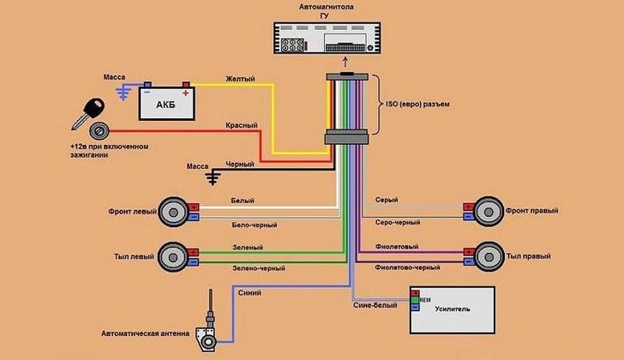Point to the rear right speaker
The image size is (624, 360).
[x=488, y=255]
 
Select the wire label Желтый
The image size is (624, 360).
[x=240, y=79]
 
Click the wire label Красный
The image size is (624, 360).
[x=242, y=125]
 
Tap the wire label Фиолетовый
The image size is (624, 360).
[x=397, y=246]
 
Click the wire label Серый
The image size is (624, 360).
[x=387, y=200]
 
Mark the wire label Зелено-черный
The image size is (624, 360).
[x=258, y=268]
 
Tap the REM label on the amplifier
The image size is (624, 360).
[x=425, y=299]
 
